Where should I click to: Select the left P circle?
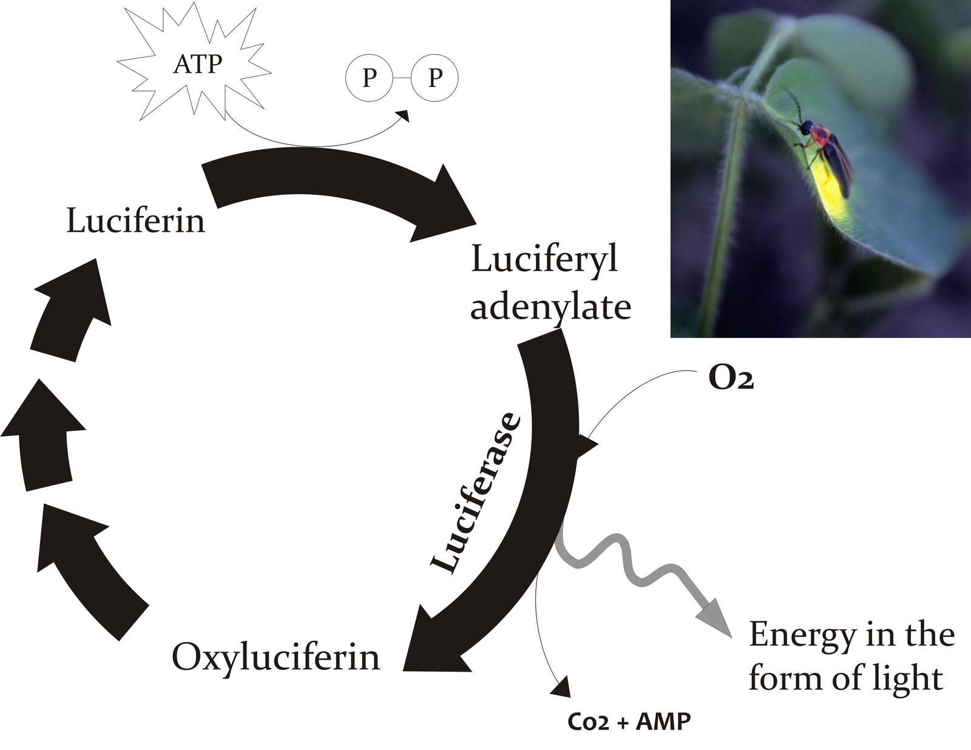[368, 78]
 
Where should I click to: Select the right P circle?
[435, 78]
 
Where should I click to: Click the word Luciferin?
[135, 220]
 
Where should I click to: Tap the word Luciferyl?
[544, 260]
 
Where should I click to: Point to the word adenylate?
[550, 307]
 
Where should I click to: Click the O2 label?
[731, 380]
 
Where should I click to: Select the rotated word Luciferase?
[476, 493]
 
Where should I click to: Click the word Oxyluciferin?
[276, 657]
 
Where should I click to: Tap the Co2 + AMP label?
[629, 722]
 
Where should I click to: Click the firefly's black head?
[805, 128]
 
